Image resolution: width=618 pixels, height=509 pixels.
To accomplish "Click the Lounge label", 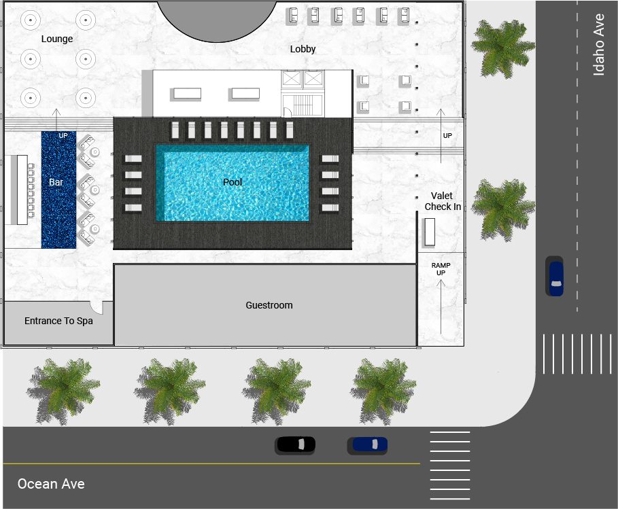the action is click(x=57, y=39).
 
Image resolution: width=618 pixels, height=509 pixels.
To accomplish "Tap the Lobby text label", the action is click(x=303, y=49).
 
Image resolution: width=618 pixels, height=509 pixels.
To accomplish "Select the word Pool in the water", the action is click(x=233, y=182).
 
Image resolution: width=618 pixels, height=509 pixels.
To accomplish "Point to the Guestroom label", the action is click(x=269, y=305).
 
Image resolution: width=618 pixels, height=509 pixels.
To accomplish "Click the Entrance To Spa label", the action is click(x=58, y=321).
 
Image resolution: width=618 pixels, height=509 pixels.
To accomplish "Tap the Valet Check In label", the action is click(x=443, y=201).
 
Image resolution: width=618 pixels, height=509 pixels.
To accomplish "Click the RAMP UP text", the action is click(x=441, y=269).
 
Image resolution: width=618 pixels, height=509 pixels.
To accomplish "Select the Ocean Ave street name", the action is click(x=51, y=484).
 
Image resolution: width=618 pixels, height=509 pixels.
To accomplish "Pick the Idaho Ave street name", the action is click(x=599, y=45).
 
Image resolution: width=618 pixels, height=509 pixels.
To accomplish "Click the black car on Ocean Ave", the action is click(x=295, y=444).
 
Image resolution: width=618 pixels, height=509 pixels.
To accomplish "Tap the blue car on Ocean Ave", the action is click(x=368, y=445).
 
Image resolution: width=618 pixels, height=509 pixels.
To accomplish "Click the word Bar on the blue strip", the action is click(x=56, y=182).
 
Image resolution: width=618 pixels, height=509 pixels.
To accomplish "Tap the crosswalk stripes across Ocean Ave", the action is click(x=449, y=466).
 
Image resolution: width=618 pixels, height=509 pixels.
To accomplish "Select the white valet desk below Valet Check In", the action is click(x=430, y=232).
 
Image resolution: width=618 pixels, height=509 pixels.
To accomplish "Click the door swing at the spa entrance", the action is click(x=97, y=308).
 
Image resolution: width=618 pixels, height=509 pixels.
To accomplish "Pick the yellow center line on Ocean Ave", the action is click(x=211, y=463).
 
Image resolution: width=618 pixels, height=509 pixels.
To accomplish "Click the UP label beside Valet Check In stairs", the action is click(x=447, y=135).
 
